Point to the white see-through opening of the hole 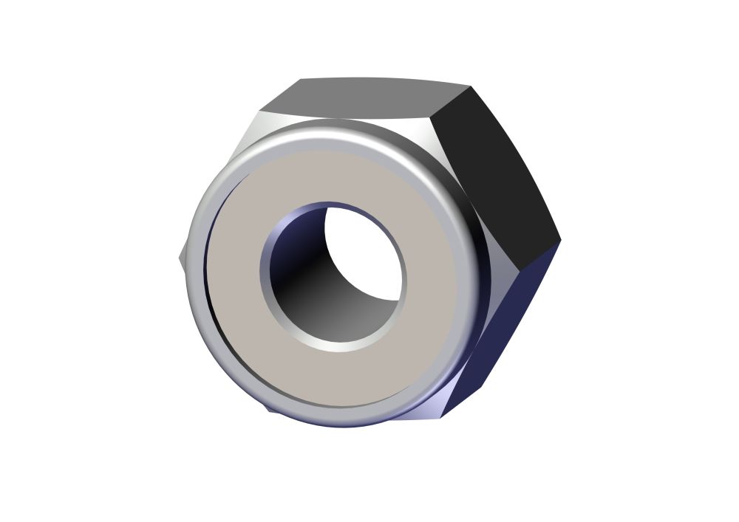[x=366, y=251]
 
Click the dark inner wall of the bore [x=310, y=288]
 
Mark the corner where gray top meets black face [x=470, y=86]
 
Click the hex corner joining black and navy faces [x=560, y=239]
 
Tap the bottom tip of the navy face [x=442, y=418]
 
